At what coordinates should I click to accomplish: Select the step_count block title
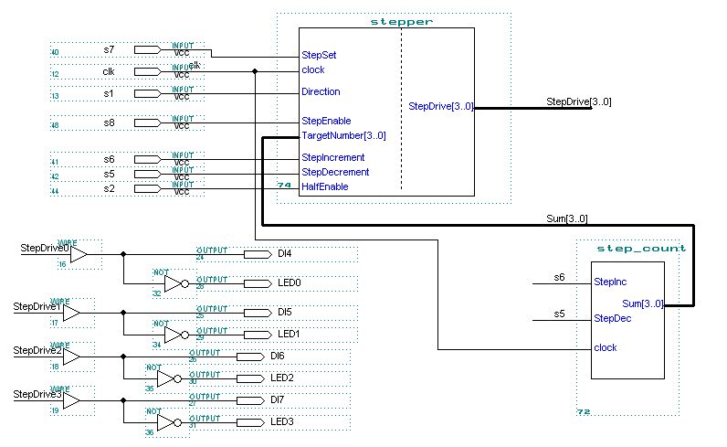pos(640,248)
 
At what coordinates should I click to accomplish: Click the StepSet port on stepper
pos(319,55)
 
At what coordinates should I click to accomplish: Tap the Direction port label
pos(321,91)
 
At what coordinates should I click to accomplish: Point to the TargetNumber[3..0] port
pos(343,135)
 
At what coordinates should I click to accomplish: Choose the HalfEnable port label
pos(324,186)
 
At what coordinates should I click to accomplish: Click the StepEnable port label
pos(326,121)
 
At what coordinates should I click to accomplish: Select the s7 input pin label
pos(109,48)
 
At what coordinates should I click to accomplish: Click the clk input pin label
pos(108,70)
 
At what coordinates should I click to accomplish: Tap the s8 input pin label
pos(109,122)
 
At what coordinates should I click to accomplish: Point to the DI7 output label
pos(278,399)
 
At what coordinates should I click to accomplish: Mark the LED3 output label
pos(282,421)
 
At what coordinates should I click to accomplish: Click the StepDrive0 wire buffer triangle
pos(79,253)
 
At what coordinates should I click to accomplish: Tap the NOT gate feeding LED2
pos(170,378)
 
